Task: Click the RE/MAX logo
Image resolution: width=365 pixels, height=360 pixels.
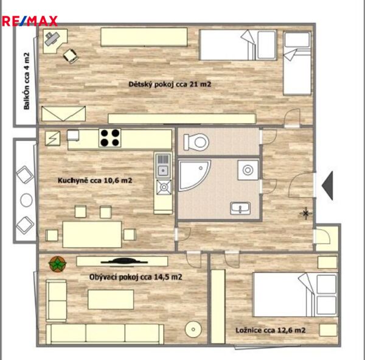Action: (30, 21)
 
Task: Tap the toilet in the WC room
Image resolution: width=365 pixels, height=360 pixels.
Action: (196, 142)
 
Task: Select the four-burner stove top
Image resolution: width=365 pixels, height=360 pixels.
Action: (109, 138)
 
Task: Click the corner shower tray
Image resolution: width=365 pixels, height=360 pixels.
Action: (195, 175)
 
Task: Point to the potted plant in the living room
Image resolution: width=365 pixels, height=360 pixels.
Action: (58, 264)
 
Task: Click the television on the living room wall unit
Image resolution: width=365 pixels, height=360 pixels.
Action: (124, 261)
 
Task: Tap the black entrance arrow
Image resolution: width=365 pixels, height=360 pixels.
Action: (327, 185)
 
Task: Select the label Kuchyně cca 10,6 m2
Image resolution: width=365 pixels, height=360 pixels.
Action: (95, 180)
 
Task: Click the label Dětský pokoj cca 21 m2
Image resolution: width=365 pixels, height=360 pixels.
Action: (170, 84)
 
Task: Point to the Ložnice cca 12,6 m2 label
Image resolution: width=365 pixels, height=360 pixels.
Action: (270, 330)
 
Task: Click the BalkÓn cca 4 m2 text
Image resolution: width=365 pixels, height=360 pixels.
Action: (27, 81)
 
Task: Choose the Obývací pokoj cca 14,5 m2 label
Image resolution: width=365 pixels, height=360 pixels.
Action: (136, 277)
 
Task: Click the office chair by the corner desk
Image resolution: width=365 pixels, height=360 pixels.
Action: (71, 56)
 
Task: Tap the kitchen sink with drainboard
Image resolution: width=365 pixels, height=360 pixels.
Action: (163, 165)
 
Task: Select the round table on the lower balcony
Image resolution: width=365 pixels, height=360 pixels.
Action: (26, 200)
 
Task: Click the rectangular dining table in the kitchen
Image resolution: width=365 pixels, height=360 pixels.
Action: (92, 234)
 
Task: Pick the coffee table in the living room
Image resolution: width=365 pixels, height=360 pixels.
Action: (111, 299)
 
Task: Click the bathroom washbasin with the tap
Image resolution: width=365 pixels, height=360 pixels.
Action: (240, 208)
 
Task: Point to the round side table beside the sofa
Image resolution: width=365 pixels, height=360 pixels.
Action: (193, 329)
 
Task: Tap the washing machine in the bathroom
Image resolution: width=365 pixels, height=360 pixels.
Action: (248, 170)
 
